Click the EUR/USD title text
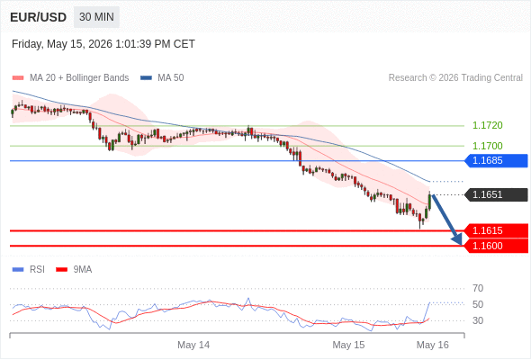[x=39, y=17]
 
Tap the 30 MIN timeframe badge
[x=96, y=17]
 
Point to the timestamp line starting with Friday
[x=103, y=44]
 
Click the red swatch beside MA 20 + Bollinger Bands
[x=18, y=78]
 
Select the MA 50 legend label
[x=171, y=78]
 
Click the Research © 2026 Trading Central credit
[x=455, y=78]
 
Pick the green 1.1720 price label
[x=487, y=125]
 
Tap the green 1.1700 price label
[x=487, y=146]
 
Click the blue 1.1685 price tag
[x=496, y=160]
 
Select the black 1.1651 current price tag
[x=496, y=194]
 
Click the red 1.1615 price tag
[x=496, y=230]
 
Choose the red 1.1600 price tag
[x=496, y=246]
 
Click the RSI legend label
[x=37, y=270]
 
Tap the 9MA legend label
[x=83, y=270]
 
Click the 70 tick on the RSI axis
[x=478, y=288]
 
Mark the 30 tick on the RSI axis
[x=478, y=320]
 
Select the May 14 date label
[x=193, y=345]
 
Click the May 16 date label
[x=433, y=345]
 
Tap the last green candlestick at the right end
[x=429, y=202]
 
